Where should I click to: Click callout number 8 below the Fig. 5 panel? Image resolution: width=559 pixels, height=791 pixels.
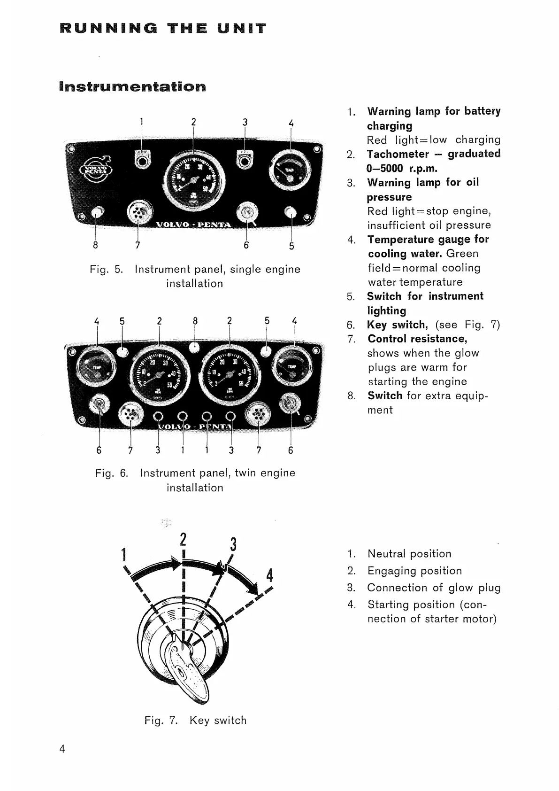(96, 245)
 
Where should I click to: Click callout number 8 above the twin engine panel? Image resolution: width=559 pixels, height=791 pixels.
(195, 321)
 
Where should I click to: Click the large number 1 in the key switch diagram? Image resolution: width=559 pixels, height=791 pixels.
(123, 555)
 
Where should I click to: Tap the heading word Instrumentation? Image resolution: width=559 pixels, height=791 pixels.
(133, 87)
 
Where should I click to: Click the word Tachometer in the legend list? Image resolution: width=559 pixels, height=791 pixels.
(398, 154)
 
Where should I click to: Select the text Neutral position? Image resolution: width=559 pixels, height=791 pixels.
(409, 554)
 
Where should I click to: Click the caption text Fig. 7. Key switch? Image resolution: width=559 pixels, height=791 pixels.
(195, 721)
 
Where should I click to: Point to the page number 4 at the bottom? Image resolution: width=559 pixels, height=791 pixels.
(62, 749)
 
